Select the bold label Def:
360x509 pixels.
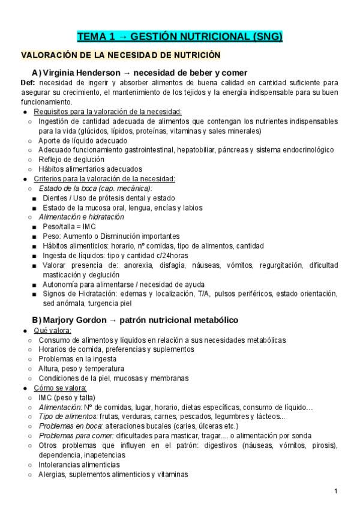point(28,83)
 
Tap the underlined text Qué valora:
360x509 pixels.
point(53,330)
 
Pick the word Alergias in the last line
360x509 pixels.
point(52,474)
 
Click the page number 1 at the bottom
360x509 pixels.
point(336,492)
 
